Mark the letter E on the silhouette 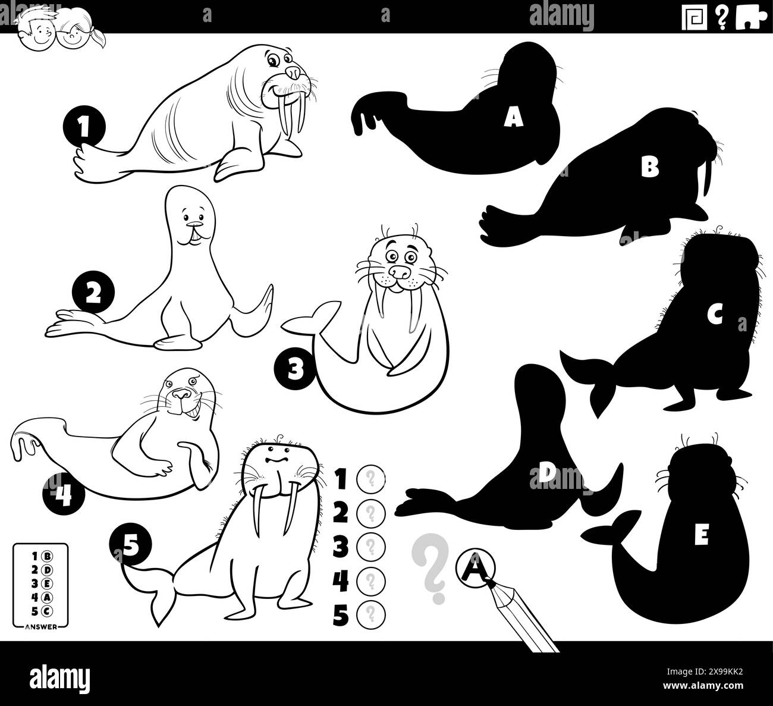coord(702,537)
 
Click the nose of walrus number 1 coord(293,72)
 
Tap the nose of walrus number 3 coord(403,272)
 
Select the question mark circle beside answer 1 coord(370,478)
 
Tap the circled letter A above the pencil coord(474,565)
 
